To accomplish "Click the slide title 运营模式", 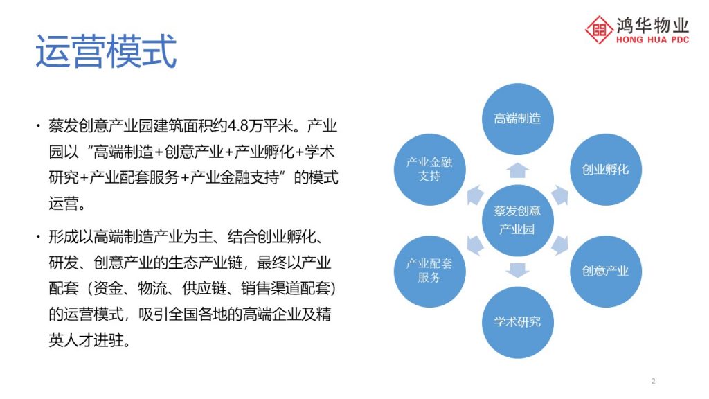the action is click(106, 51).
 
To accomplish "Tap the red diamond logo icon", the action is click(599, 30).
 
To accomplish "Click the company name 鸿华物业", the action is click(652, 26).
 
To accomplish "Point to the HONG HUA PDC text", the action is click(652, 39).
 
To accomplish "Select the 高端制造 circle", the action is click(518, 119).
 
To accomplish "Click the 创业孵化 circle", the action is click(605, 170).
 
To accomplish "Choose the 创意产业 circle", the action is click(605, 271).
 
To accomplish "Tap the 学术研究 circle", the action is click(518, 322).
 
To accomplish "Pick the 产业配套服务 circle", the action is click(429, 271).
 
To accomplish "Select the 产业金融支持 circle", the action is click(429, 170).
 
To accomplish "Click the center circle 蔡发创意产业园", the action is click(518, 220).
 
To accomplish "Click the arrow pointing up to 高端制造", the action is click(518, 170).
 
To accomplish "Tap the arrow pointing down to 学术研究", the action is click(518, 271).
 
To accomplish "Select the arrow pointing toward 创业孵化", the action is click(559, 195).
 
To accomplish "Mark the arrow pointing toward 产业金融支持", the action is click(475, 195).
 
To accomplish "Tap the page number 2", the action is click(653, 381).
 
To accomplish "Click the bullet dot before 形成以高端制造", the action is click(39, 237).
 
